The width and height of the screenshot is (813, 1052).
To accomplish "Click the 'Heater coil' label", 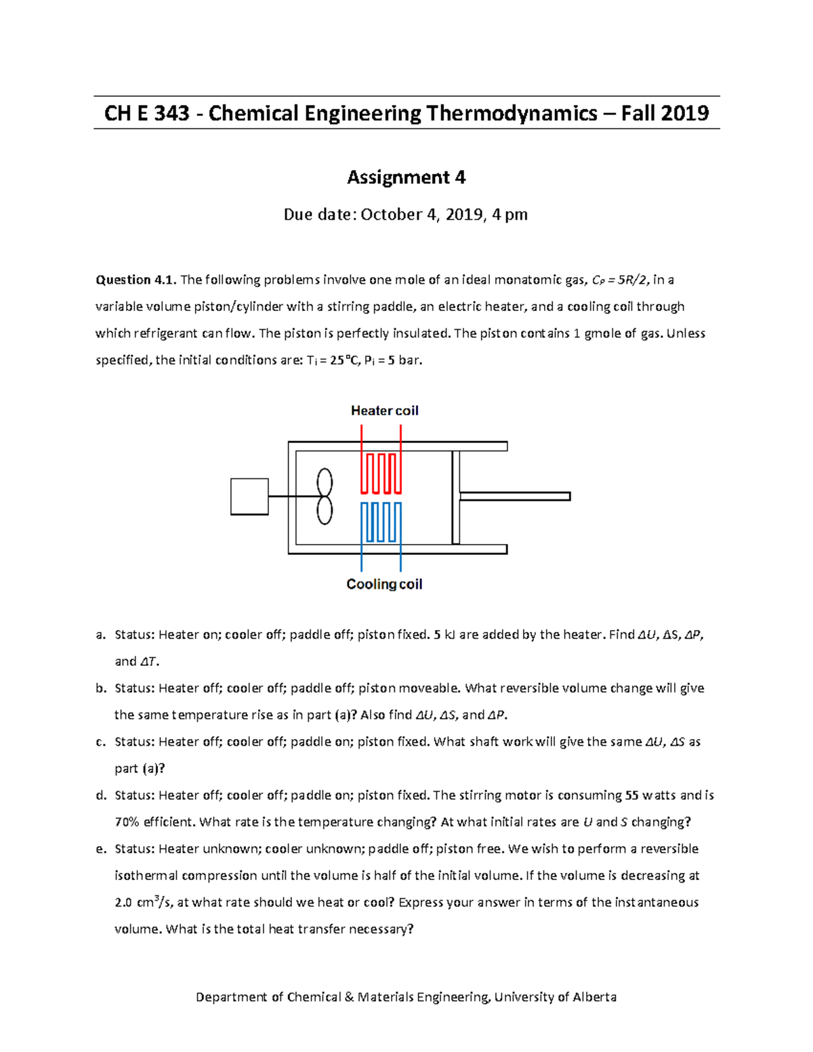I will [384, 411].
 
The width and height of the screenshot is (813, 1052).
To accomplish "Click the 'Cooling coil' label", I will [384, 584].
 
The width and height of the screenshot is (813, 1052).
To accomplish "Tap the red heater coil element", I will [381, 473].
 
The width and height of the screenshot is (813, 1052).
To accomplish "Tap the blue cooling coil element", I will [381, 522].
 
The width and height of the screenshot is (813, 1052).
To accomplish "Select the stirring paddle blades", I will [325, 497].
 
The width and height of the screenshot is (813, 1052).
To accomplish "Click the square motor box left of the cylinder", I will [249, 497].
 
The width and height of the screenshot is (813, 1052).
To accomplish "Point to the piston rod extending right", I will [515, 497].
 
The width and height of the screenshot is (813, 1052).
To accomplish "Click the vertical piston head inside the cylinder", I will [456, 497].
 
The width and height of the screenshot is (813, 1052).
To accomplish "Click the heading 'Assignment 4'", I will [406, 177].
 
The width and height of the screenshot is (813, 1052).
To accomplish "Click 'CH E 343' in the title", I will [146, 113].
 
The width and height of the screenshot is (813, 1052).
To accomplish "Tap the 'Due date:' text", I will [319, 215].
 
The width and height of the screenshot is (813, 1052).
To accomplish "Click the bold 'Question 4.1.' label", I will [136, 280].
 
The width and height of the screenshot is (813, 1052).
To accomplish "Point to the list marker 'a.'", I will [101, 635].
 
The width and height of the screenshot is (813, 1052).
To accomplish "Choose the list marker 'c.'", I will [101, 742].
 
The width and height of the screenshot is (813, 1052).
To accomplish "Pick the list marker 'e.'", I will [101, 849].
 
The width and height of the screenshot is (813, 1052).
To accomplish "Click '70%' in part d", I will [127, 822].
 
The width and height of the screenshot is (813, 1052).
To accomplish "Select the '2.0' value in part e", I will [123, 903].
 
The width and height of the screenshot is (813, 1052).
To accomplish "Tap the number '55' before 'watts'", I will [629, 795].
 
